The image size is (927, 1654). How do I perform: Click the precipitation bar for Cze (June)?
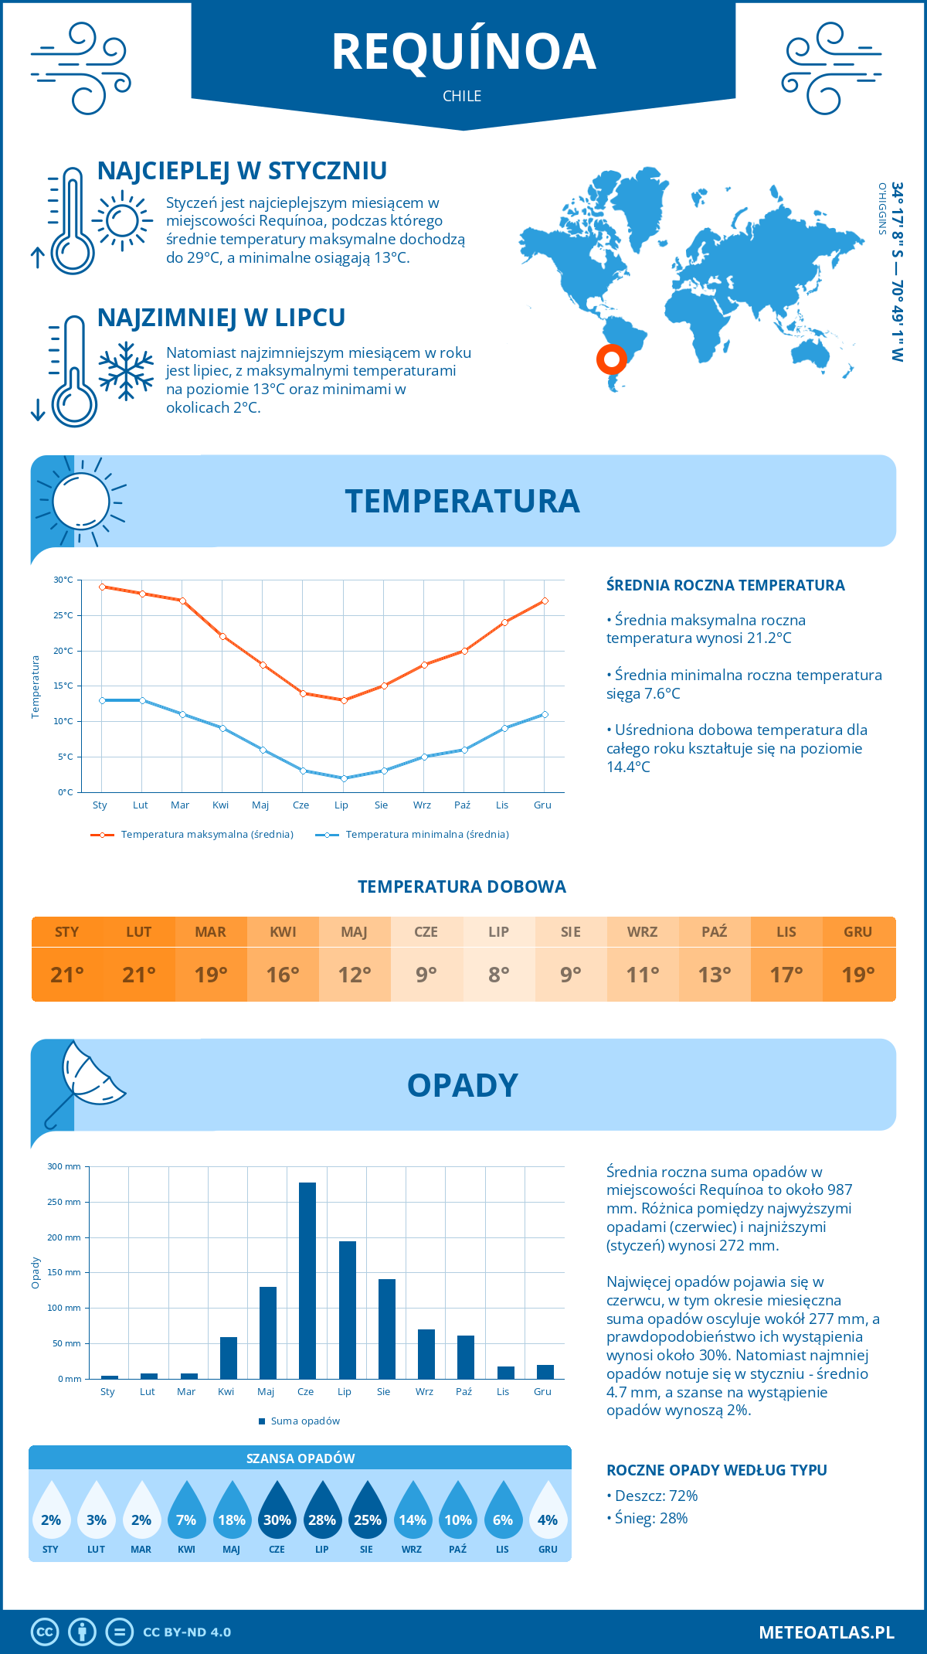point(307,1281)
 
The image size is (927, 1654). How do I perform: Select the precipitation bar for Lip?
point(347,1310)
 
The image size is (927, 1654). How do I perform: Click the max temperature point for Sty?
point(102,587)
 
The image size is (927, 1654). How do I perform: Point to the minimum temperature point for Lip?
point(344,778)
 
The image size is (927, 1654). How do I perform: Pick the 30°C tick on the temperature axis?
point(63,580)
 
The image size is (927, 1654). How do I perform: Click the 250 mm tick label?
point(63,1202)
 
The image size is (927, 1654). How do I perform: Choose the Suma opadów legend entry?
point(304,1421)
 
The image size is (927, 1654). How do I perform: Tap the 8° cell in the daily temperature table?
point(498,975)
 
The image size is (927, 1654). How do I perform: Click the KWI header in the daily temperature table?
point(283,932)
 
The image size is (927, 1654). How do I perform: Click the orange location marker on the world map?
point(611,359)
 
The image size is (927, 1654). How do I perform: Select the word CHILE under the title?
point(462,96)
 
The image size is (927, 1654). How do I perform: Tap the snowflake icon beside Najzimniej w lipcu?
point(126,371)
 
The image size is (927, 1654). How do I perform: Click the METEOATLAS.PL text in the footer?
point(826,1632)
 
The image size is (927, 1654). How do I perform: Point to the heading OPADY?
point(462,1085)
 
